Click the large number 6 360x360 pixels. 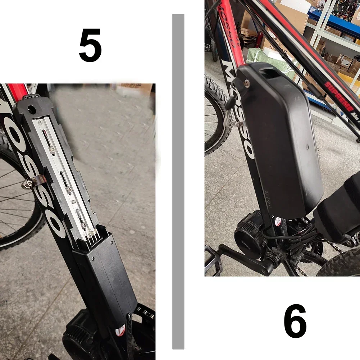click(295, 321)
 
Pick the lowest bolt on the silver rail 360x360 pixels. click(83, 225)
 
